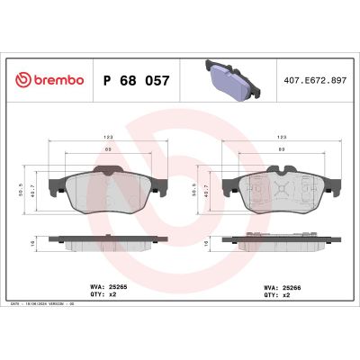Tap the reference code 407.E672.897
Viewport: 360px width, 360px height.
[x=314, y=79]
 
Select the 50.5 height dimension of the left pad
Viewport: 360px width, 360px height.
[x=22, y=190]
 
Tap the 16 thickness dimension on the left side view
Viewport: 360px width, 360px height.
[x=22, y=242]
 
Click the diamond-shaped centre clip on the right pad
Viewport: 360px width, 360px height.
[x=283, y=191]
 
